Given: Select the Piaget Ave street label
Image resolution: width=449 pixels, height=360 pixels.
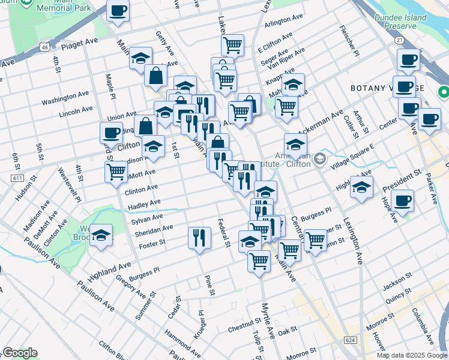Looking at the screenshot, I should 79,43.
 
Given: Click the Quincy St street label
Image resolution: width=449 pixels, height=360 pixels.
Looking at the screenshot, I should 397,293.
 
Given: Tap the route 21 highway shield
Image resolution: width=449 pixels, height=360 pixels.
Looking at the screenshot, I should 399,40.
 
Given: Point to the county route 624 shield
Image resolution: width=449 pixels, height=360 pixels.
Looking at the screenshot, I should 351,340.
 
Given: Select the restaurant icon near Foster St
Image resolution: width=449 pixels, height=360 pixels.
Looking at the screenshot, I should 199,238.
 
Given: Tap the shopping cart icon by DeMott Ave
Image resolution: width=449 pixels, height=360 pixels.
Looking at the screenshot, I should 116,172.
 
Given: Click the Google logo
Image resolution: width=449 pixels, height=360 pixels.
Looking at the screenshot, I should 20,353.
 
